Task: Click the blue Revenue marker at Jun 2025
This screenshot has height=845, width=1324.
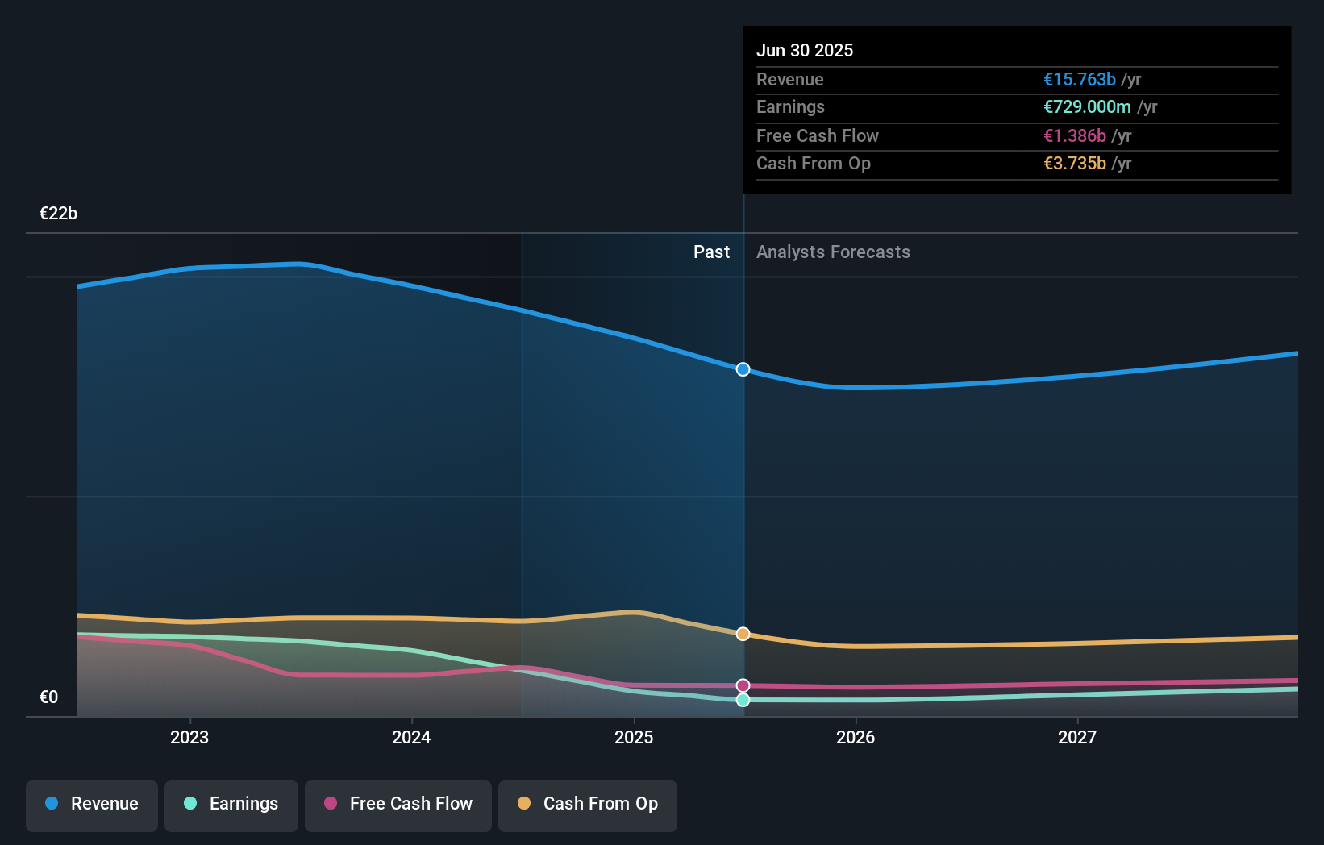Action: (743, 369)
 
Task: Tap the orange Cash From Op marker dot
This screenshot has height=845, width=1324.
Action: (743, 634)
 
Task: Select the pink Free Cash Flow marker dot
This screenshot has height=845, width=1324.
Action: (743, 685)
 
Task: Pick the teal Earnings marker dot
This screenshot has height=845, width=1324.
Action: (743, 700)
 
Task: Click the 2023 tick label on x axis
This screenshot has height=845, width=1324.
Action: (189, 737)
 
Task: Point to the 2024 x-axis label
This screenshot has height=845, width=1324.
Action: (411, 737)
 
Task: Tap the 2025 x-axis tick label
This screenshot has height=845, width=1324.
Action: (634, 737)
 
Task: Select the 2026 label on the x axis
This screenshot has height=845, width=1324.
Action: (856, 737)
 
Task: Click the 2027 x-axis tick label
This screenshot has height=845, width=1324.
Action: (1077, 737)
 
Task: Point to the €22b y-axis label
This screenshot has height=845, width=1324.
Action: (58, 214)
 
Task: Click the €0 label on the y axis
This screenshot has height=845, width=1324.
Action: (48, 697)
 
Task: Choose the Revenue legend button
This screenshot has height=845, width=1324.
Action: (92, 805)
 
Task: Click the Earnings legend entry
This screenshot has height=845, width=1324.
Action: (231, 805)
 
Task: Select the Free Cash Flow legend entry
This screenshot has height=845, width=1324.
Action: (398, 805)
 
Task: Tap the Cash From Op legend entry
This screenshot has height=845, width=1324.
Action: (588, 805)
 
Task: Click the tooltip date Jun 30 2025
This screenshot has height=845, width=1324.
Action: (805, 50)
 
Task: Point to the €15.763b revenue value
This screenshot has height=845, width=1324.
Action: (1080, 79)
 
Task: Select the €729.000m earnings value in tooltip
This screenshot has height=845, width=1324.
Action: (1087, 106)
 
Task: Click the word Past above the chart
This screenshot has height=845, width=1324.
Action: (711, 252)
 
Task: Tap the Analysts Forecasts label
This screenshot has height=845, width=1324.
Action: (833, 252)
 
